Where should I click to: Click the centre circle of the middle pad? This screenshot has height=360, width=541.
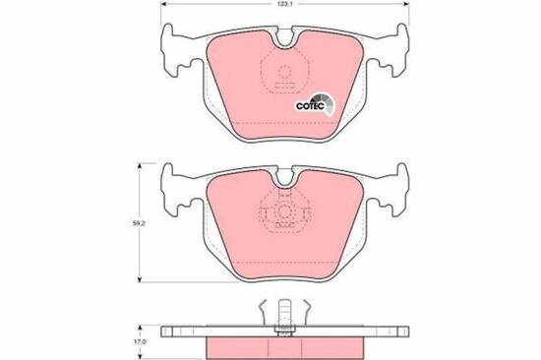[285, 215]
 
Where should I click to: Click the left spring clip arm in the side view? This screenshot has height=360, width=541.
[264, 313]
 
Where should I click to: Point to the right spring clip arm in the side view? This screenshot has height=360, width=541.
[308, 313]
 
